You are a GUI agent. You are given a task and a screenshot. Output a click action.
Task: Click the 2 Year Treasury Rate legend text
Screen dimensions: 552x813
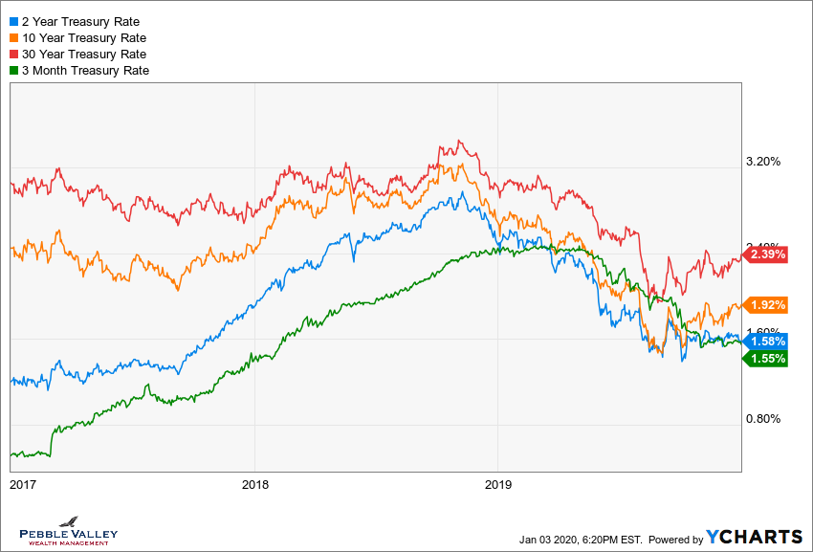pyautogui.click(x=80, y=21)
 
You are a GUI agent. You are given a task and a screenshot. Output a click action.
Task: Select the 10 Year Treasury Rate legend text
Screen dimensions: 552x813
pyautogui.click(x=83, y=37)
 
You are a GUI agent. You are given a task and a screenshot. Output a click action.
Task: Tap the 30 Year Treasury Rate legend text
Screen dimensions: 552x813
pyautogui.click(x=83, y=54)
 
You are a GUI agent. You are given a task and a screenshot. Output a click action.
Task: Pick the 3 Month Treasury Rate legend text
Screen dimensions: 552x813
pyautogui.click(x=85, y=70)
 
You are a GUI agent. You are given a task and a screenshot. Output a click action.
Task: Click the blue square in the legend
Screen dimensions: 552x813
pyautogui.click(x=12, y=21)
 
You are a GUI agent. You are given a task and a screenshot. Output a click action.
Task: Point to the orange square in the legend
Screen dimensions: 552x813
pyautogui.click(x=12, y=37)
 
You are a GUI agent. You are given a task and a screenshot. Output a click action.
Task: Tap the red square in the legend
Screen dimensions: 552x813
pyautogui.click(x=12, y=54)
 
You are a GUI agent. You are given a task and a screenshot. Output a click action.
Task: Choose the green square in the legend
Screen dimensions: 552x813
pyautogui.click(x=12, y=70)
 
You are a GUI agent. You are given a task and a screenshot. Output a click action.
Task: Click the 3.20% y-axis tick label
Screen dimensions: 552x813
pyautogui.click(x=762, y=161)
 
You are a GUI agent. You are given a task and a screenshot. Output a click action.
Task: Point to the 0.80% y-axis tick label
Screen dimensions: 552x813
pyautogui.click(x=762, y=419)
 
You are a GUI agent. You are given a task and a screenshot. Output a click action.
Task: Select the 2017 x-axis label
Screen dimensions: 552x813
pyautogui.click(x=22, y=484)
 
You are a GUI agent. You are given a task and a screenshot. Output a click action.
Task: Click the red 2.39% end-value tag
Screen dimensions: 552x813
pyautogui.click(x=767, y=254)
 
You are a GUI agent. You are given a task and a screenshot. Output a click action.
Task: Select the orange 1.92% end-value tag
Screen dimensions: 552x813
pyautogui.click(x=767, y=305)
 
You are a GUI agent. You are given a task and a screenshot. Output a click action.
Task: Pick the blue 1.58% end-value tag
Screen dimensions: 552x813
pyautogui.click(x=767, y=342)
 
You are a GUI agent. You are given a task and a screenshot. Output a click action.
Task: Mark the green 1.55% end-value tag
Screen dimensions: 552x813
pyautogui.click(x=767, y=359)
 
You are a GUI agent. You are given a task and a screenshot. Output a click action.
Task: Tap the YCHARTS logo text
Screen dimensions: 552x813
pyautogui.click(x=755, y=537)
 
